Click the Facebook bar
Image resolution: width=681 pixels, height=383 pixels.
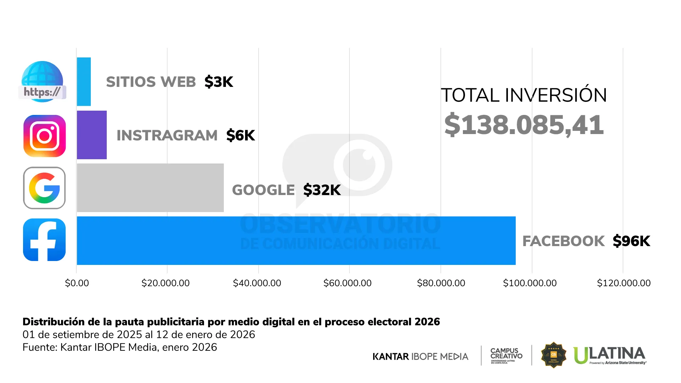coord(296,240)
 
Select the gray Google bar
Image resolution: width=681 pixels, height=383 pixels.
coord(150,188)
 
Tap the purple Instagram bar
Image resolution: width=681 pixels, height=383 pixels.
coord(92,135)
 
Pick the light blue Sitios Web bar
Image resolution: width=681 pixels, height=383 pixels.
coord(84,82)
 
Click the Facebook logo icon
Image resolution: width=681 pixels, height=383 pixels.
coord(44,240)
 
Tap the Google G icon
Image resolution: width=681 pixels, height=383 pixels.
coord(44,188)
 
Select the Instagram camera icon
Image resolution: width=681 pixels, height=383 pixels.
coord(44,136)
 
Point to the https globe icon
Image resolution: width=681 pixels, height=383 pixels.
coord(42,82)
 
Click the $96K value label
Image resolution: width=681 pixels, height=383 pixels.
coord(631,241)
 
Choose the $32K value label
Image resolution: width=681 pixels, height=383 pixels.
coord(322,190)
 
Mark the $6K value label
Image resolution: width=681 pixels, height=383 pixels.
coord(240,135)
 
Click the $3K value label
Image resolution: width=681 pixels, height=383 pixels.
coord(218,82)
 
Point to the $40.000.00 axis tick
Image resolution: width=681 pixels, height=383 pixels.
coord(257,283)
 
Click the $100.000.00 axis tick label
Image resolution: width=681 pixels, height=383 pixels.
coord(530,283)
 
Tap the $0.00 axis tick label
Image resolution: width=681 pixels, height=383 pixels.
coord(77,283)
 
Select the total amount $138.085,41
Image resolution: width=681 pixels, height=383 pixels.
coord(524,125)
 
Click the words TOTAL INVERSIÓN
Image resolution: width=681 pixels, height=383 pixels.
coord(524,95)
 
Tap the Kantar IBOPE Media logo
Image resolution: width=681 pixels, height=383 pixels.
coord(420,356)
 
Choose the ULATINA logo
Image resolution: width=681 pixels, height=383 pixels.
coord(610,355)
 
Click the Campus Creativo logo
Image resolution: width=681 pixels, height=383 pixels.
coord(506,355)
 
